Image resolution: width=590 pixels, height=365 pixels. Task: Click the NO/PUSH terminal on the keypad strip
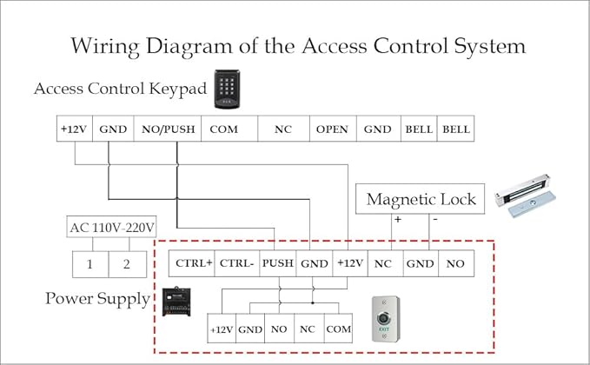pyautogui.click(x=168, y=129)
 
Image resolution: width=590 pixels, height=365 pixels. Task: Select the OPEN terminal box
pyautogui.click(x=333, y=129)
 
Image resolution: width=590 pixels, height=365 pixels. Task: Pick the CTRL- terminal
pyautogui.click(x=236, y=263)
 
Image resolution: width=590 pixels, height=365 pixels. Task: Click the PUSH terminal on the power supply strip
pyautogui.click(x=278, y=263)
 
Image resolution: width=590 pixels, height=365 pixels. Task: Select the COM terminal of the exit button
pyautogui.click(x=338, y=328)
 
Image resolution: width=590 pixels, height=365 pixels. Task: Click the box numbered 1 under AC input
pyautogui.click(x=90, y=264)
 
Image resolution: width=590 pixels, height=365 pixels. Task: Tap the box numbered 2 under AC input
pyautogui.click(x=128, y=264)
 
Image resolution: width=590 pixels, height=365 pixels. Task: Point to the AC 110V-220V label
pyautogui.click(x=111, y=227)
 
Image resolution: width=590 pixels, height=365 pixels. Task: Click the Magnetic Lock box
pyautogui.click(x=420, y=199)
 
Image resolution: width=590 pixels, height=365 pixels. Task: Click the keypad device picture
pyautogui.click(x=228, y=90)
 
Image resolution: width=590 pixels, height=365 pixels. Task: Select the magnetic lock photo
pyautogui.click(x=526, y=196)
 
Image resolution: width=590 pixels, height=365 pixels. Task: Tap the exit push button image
pyautogui.click(x=385, y=319)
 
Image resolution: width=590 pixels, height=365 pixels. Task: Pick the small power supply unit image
pyautogui.click(x=176, y=302)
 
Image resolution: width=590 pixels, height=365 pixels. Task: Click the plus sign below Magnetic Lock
pyautogui.click(x=398, y=219)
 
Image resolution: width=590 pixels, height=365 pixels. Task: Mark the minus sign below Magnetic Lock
pyautogui.click(x=435, y=219)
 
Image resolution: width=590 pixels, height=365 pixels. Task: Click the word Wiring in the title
pyautogui.click(x=105, y=46)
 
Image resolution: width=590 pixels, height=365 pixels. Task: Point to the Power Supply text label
pyautogui.click(x=98, y=299)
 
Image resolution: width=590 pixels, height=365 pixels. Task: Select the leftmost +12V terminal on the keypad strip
pyautogui.click(x=75, y=129)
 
